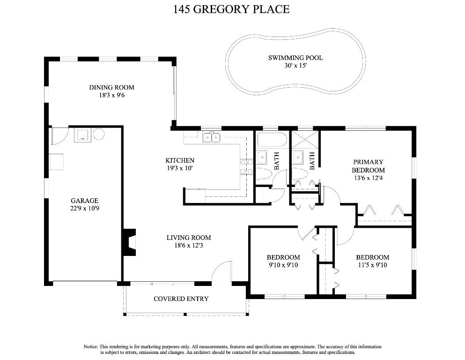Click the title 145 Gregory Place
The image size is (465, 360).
tap(231, 9)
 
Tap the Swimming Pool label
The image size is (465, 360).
tap(295, 58)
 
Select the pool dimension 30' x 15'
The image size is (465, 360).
tap(295, 66)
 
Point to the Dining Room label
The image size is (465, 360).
tap(112, 88)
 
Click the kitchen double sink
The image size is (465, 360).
tap(212, 138)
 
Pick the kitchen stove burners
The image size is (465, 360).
tap(247, 166)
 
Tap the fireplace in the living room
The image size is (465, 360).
tap(130, 242)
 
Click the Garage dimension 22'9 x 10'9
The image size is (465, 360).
tap(84, 208)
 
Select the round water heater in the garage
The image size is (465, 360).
tap(99, 134)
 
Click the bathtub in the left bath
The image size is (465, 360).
tap(272, 140)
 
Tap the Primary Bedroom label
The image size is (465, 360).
tap(369, 166)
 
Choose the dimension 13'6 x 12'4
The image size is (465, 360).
tap(369, 178)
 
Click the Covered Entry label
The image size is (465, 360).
tap(181, 299)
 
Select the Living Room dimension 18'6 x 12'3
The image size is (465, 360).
tap(189, 246)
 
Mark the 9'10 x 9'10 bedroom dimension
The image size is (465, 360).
tap(283, 265)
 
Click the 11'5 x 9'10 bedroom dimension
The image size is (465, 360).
tap(373, 265)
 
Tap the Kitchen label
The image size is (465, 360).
tap(180, 161)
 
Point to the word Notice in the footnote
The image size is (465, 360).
tap(90, 347)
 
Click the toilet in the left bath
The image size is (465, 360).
tap(264, 173)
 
